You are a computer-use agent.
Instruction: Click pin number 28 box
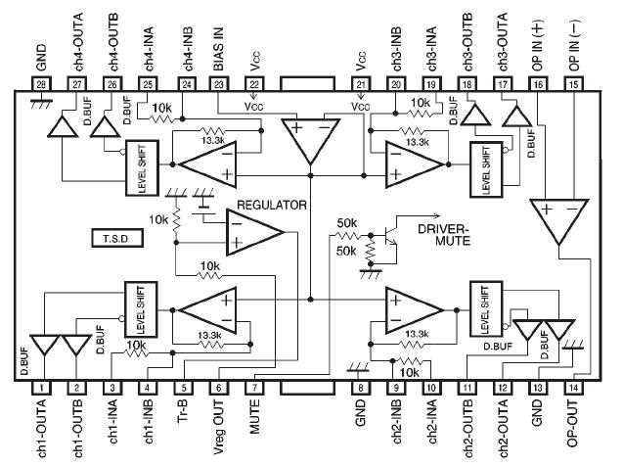coord(40,85)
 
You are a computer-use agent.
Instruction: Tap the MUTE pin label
coord(253,423)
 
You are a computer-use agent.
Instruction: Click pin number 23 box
coord(217,85)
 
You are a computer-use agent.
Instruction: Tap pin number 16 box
coord(537,85)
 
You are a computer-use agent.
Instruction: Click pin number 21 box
coord(360,85)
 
